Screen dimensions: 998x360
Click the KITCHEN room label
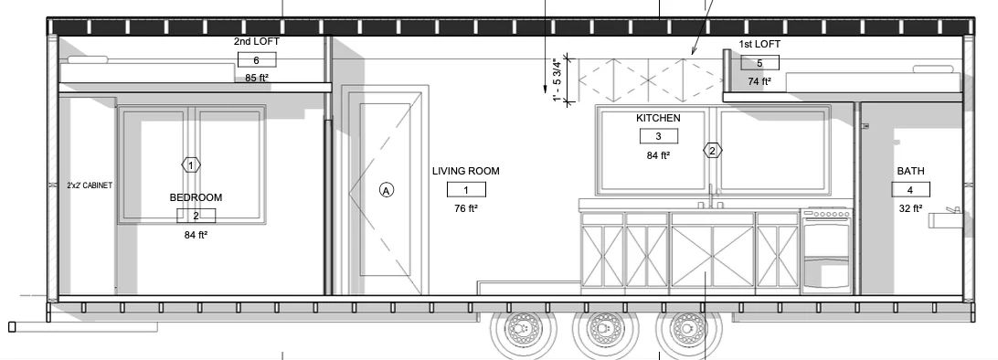[x=658, y=118]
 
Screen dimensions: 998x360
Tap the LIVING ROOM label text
[x=466, y=171]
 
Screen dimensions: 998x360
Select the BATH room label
[x=911, y=171]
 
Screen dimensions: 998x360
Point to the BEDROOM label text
[x=196, y=197]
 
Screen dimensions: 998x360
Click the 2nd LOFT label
[x=257, y=41]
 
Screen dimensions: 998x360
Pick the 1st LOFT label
[x=759, y=44]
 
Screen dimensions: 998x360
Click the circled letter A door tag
[x=387, y=189]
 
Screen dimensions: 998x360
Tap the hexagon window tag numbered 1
[x=191, y=164]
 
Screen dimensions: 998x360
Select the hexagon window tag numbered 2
[x=713, y=151]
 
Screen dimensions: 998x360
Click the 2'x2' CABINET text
[x=90, y=185]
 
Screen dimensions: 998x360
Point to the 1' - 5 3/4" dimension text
[x=558, y=80]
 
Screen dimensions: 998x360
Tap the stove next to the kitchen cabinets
[x=826, y=250]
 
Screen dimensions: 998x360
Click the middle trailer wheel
[x=602, y=330]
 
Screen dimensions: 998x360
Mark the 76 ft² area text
[x=466, y=208]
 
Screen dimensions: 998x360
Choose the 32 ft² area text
[x=911, y=208]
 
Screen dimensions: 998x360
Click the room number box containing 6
[x=257, y=59]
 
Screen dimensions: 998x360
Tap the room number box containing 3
[x=658, y=136]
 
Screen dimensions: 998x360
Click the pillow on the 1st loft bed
[x=933, y=69]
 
